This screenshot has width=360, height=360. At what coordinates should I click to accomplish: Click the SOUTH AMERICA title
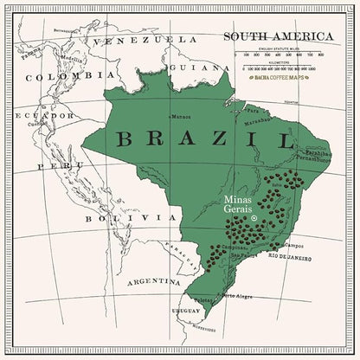(278, 36)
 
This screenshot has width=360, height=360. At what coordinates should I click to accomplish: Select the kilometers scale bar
(280, 66)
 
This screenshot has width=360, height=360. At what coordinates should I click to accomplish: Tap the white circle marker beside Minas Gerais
(254, 219)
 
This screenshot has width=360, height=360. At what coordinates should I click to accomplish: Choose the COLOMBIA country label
(58, 77)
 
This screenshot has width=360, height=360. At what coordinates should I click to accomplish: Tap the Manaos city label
(181, 116)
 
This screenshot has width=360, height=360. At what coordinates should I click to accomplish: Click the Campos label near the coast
(294, 246)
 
